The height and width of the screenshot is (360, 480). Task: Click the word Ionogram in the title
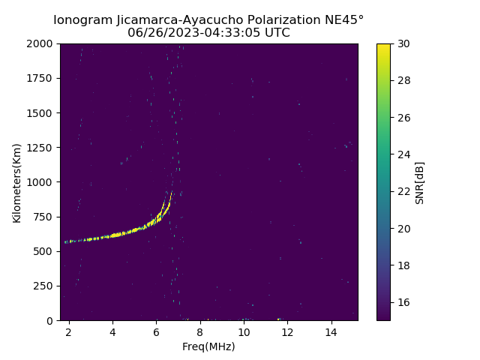point(83,19)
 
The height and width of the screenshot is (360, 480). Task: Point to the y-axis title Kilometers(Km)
point(16,182)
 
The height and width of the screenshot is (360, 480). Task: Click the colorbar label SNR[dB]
point(420,182)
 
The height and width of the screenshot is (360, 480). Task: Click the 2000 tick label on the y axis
point(42,44)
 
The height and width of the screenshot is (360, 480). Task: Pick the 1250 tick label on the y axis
point(42,148)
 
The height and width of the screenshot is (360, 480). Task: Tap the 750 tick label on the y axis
point(45,217)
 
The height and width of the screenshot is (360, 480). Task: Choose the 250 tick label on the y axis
point(45,286)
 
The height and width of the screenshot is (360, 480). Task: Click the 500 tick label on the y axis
point(45,251)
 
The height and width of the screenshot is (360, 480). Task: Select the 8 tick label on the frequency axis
point(200,331)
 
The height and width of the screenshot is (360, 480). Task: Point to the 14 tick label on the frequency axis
point(331,331)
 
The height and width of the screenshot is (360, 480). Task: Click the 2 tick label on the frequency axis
point(69,331)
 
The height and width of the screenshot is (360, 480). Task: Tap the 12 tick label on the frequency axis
point(287,331)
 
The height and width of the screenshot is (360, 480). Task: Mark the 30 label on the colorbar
point(403,44)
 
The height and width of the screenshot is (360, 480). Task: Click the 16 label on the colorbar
point(403,302)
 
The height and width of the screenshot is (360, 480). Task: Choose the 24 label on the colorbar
point(403,154)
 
